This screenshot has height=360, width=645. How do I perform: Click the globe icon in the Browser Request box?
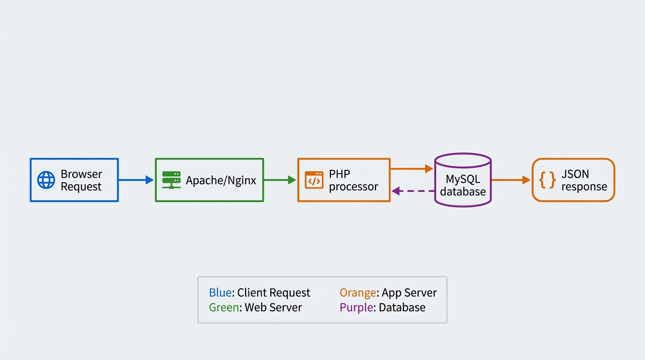tap(46, 180)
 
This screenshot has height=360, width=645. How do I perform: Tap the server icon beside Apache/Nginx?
tap(171, 180)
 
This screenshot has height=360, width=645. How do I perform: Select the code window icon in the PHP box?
tap(314, 180)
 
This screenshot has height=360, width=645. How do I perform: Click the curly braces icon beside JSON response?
tap(547, 180)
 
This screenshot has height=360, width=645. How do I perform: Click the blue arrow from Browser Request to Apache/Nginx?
tap(136, 180)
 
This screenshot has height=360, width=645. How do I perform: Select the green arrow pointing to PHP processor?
tap(280, 180)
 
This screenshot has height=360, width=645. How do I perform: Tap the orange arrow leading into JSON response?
tap(511, 180)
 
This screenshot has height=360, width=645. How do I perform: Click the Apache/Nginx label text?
tap(221, 180)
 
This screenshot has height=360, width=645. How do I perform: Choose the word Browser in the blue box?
tap(81, 174)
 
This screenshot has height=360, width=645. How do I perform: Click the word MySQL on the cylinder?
tap(463, 180)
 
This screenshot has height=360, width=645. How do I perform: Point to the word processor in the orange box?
tap(353, 187)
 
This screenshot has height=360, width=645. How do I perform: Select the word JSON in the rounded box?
tap(575, 174)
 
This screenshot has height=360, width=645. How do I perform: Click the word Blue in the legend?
tap(220, 292)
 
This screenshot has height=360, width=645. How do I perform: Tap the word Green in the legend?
tap(223, 307)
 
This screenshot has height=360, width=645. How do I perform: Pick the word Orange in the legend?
tap(358, 292)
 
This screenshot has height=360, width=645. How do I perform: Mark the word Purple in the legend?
tap(357, 307)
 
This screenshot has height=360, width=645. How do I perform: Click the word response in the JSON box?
tap(584, 187)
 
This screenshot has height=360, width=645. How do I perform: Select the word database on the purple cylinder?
tap(463, 192)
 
